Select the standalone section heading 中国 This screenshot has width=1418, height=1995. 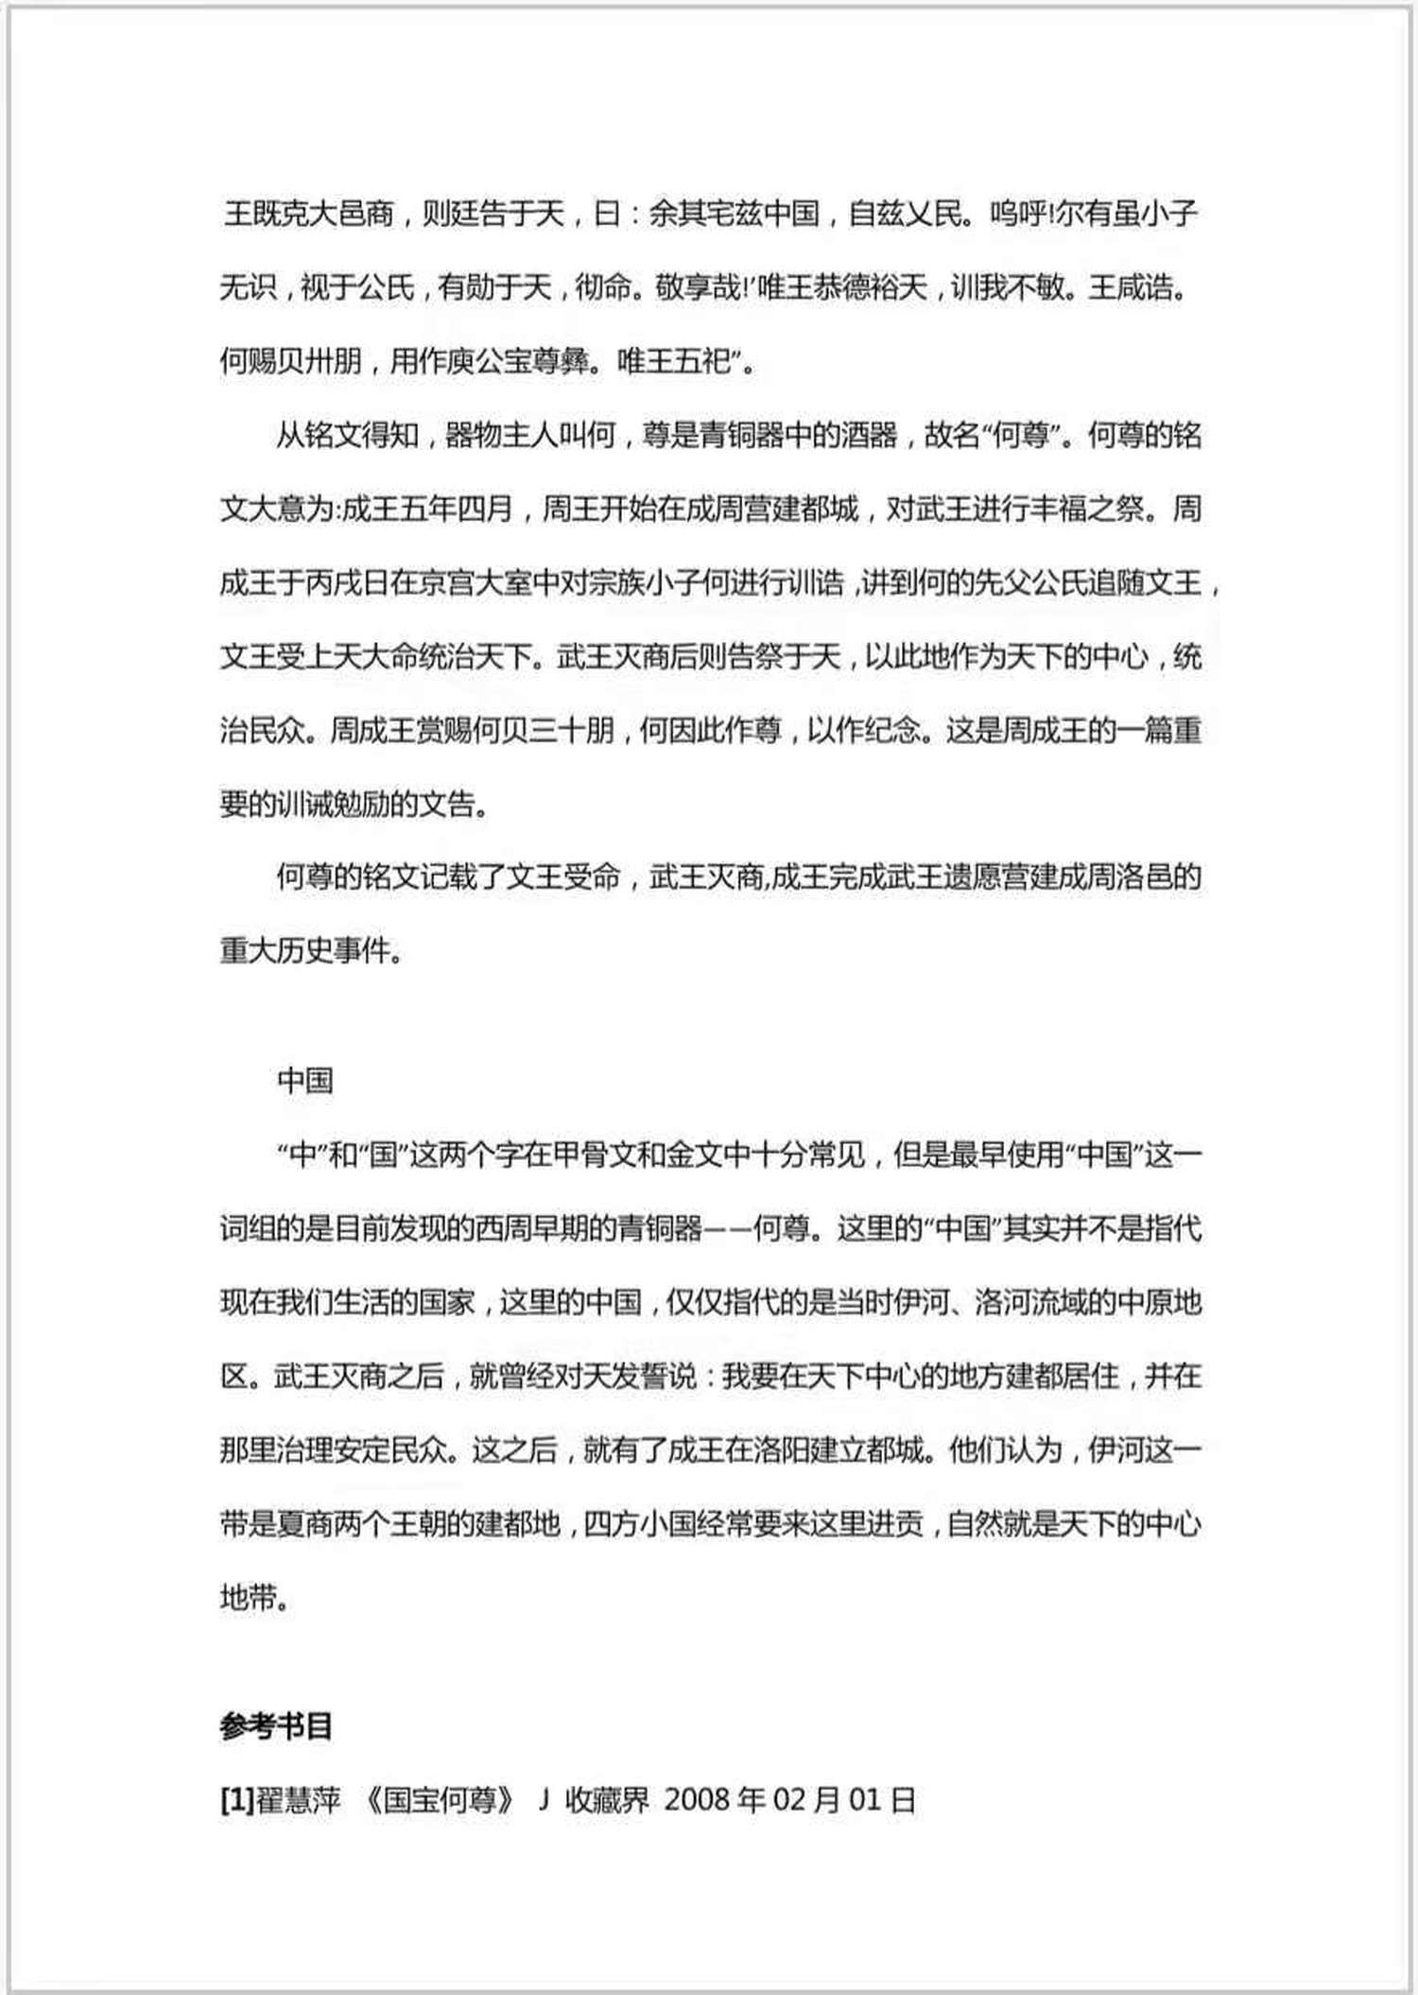pos(304,1081)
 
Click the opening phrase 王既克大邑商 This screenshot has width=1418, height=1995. pos(309,214)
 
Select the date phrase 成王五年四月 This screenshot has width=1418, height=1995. pos(426,510)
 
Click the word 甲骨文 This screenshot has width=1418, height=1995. pos(581,1154)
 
